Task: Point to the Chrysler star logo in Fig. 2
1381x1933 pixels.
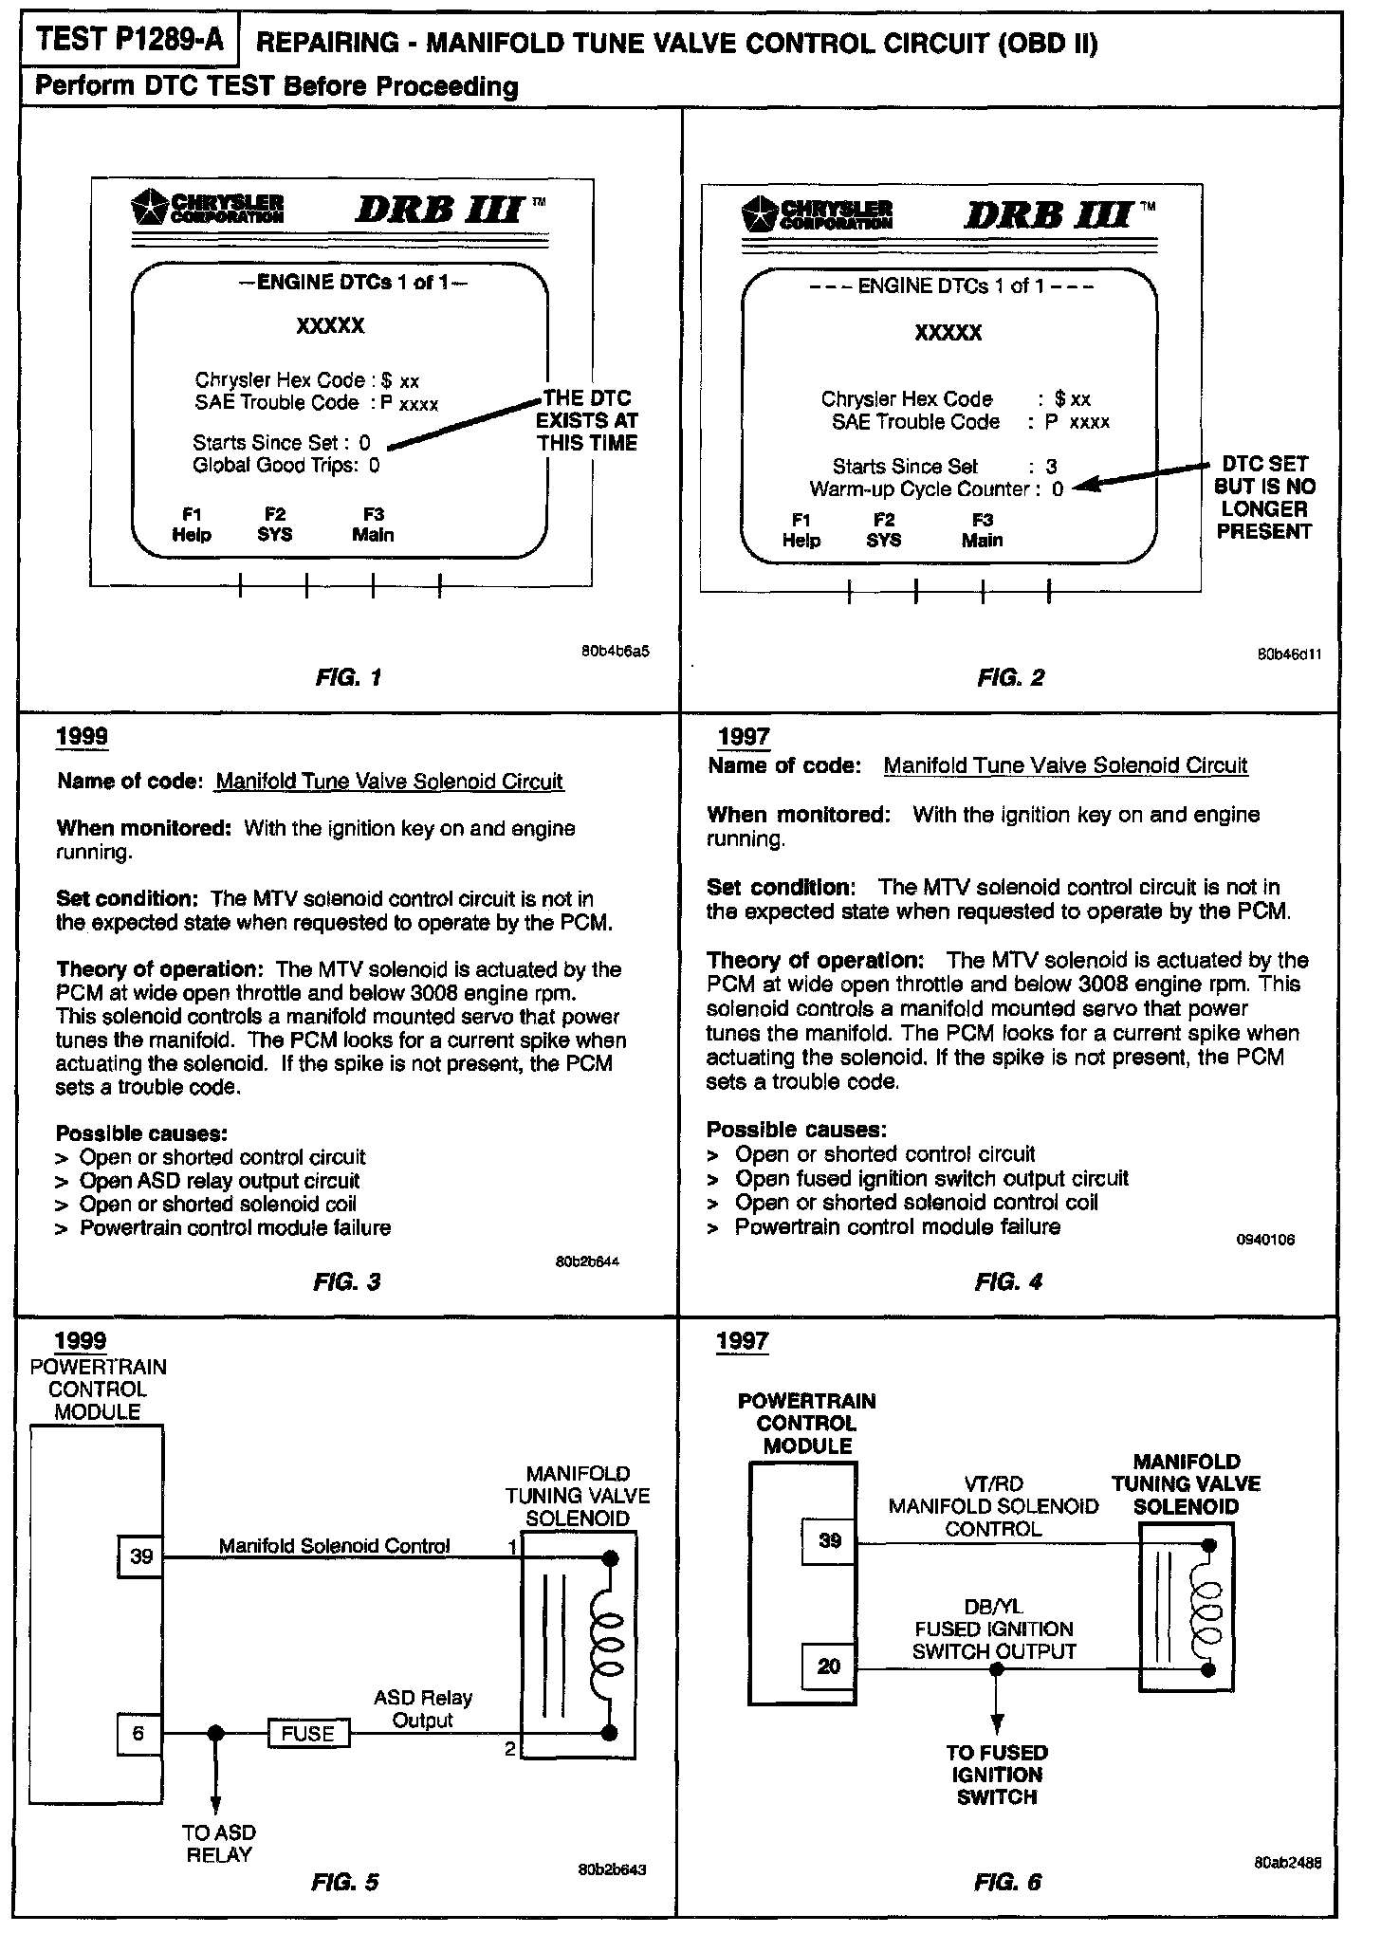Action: point(761,215)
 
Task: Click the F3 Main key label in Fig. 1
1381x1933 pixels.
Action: point(373,525)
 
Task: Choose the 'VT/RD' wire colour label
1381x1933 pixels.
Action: point(993,1483)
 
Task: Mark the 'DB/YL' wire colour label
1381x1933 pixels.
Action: point(993,1607)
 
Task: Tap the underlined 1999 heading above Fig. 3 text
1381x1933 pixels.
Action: point(82,737)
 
